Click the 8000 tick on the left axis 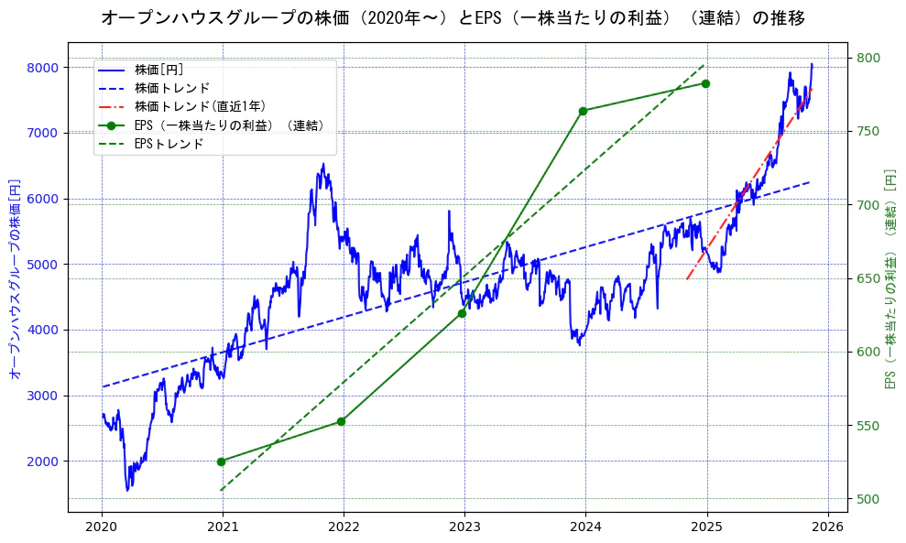coord(43,68)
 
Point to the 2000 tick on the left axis coord(43,462)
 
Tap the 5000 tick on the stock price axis coord(43,265)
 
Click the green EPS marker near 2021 coord(221,462)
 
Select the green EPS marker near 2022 coord(341,421)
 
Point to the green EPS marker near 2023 coord(462,313)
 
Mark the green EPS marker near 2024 coord(583,111)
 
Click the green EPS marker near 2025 coord(705,83)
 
